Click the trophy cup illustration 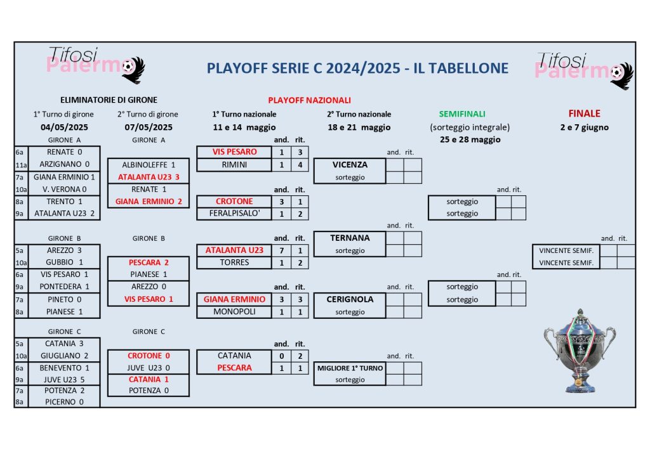(579, 351)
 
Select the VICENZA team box (350, 165)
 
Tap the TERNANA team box (350, 238)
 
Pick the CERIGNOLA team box (350, 299)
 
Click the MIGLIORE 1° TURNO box (350, 368)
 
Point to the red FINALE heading (584, 114)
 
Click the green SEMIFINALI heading (461, 114)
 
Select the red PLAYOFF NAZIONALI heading (309, 100)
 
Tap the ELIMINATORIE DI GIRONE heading (109, 100)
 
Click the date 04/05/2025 (63, 127)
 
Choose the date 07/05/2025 (148, 127)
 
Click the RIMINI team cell (234, 165)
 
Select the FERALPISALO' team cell (234, 214)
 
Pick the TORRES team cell (234, 262)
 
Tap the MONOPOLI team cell (234, 312)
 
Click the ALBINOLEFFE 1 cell (149, 165)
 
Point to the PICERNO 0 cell (64, 402)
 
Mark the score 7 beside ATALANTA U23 (281, 250)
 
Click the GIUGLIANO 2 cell (64, 356)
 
